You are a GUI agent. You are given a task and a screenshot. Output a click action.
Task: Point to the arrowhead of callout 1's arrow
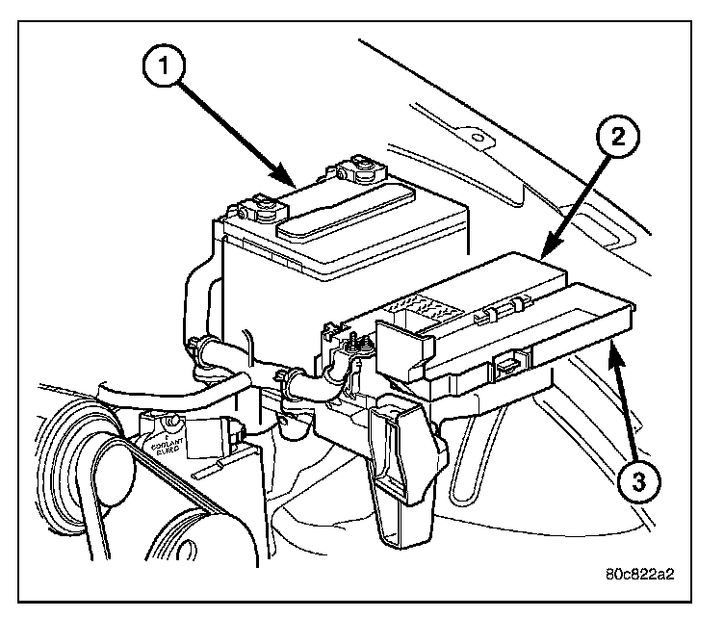coord(291,184)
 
